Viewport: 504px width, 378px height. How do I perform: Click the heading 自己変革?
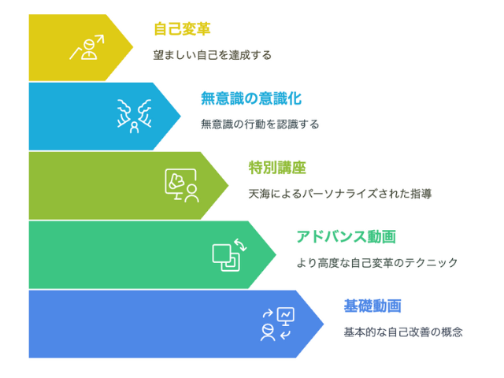pyautogui.click(x=182, y=29)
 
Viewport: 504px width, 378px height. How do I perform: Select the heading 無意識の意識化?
pyautogui.click(x=251, y=98)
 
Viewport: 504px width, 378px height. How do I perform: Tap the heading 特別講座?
pyautogui.click(x=277, y=168)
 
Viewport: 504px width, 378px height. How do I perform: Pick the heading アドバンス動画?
pyautogui.click(x=346, y=237)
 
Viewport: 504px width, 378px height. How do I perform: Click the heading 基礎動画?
pyautogui.click(x=372, y=306)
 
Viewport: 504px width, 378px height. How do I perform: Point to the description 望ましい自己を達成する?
pyautogui.click(x=212, y=55)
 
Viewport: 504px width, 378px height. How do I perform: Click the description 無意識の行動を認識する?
pyautogui.click(x=260, y=124)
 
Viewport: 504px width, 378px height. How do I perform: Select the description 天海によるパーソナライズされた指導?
pyautogui.click(x=339, y=194)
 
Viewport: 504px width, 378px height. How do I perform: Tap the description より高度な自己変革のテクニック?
pyautogui.click(x=376, y=263)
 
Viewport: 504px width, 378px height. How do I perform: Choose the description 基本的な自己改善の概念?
pyautogui.click(x=403, y=332)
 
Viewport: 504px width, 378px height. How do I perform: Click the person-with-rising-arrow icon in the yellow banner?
pyautogui.click(x=87, y=47)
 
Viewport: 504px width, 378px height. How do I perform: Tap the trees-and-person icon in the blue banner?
pyautogui.click(x=135, y=117)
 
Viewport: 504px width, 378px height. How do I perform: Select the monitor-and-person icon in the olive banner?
pyautogui.click(x=182, y=186)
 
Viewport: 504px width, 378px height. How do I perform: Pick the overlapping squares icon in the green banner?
pyautogui.click(x=229, y=255)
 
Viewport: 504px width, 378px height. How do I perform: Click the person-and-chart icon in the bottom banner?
pyautogui.click(x=277, y=324)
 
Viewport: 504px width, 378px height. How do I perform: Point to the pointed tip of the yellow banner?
pyautogui.click(x=133, y=47)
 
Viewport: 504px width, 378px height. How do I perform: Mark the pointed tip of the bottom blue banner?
pyautogui.click(x=324, y=324)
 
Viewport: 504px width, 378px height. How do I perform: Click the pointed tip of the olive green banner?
pyautogui.click(x=228, y=186)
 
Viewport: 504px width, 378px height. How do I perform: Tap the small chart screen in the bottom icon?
pyautogui.click(x=285, y=316)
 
